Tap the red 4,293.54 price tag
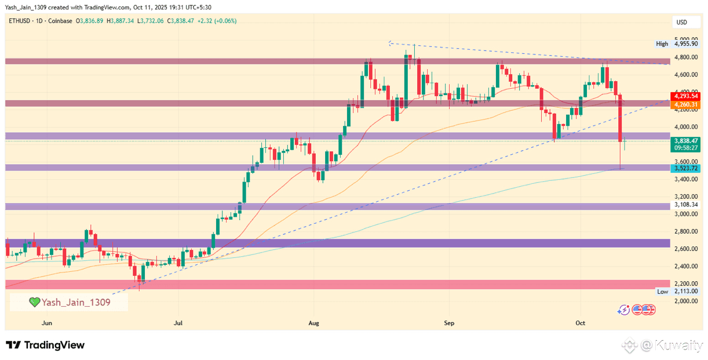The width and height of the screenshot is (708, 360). tap(685, 96)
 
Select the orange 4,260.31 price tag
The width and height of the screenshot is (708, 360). tap(685, 104)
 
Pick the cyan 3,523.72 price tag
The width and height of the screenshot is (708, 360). tap(685, 168)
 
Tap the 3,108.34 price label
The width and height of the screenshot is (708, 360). tap(685, 205)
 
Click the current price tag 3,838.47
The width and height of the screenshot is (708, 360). tap(685, 141)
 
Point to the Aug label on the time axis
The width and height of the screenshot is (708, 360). tap(314, 322)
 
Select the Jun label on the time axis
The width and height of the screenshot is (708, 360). tap(47, 322)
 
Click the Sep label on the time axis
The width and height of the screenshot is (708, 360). tap(448, 322)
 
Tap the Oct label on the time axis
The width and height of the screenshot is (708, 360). tap(581, 322)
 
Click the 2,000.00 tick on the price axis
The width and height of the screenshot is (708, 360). tap(685, 301)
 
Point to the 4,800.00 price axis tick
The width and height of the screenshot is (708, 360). tap(685, 57)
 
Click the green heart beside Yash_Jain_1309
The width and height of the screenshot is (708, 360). tap(35, 302)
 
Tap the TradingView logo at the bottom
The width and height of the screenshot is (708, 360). tap(45, 345)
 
